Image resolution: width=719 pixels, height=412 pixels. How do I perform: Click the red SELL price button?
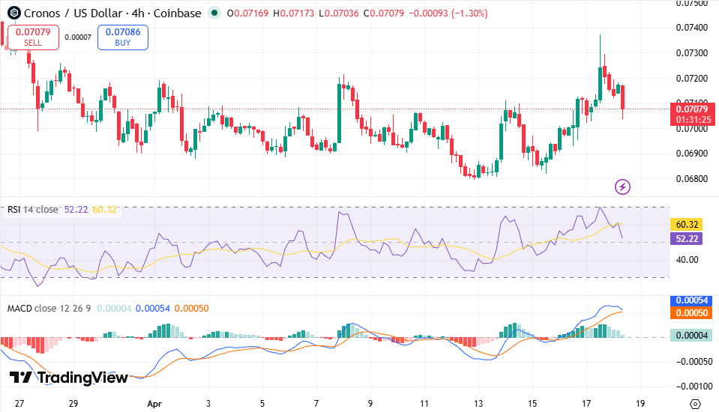[x=33, y=37]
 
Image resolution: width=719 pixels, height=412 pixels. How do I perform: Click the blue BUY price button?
[x=122, y=37]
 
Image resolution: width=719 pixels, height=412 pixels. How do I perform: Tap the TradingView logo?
[x=69, y=378]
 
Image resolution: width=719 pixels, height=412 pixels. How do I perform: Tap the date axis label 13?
[x=479, y=404]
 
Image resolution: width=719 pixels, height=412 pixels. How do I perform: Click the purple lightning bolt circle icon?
[x=622, y=186]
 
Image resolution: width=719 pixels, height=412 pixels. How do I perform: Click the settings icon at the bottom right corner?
[x=695, y=404]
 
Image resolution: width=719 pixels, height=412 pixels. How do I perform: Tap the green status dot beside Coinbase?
[x=215, y=13]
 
